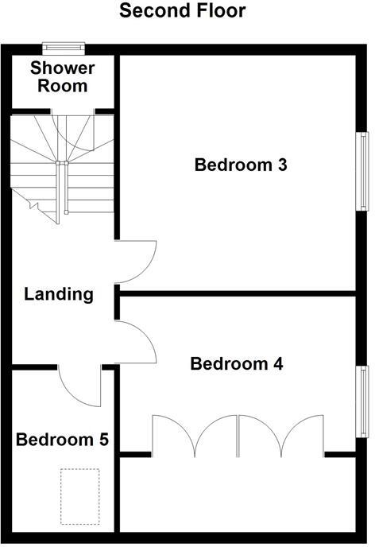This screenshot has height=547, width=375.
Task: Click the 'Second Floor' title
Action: pos(183,11)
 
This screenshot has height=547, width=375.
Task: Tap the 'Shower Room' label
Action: pos(63,77)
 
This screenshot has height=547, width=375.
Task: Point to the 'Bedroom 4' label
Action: pos(237,364)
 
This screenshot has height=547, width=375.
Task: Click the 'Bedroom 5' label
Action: pos(63,439)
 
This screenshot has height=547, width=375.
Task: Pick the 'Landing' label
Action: pos(59,294)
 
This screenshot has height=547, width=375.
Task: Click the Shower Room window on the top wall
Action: pos(63,47)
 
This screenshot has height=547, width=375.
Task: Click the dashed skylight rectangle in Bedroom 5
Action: pos(79,496)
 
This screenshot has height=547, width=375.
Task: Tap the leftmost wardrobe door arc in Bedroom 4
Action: pos(172,433)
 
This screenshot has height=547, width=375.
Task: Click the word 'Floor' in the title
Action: pos(216,11)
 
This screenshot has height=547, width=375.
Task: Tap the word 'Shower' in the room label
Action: pos(63,68)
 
